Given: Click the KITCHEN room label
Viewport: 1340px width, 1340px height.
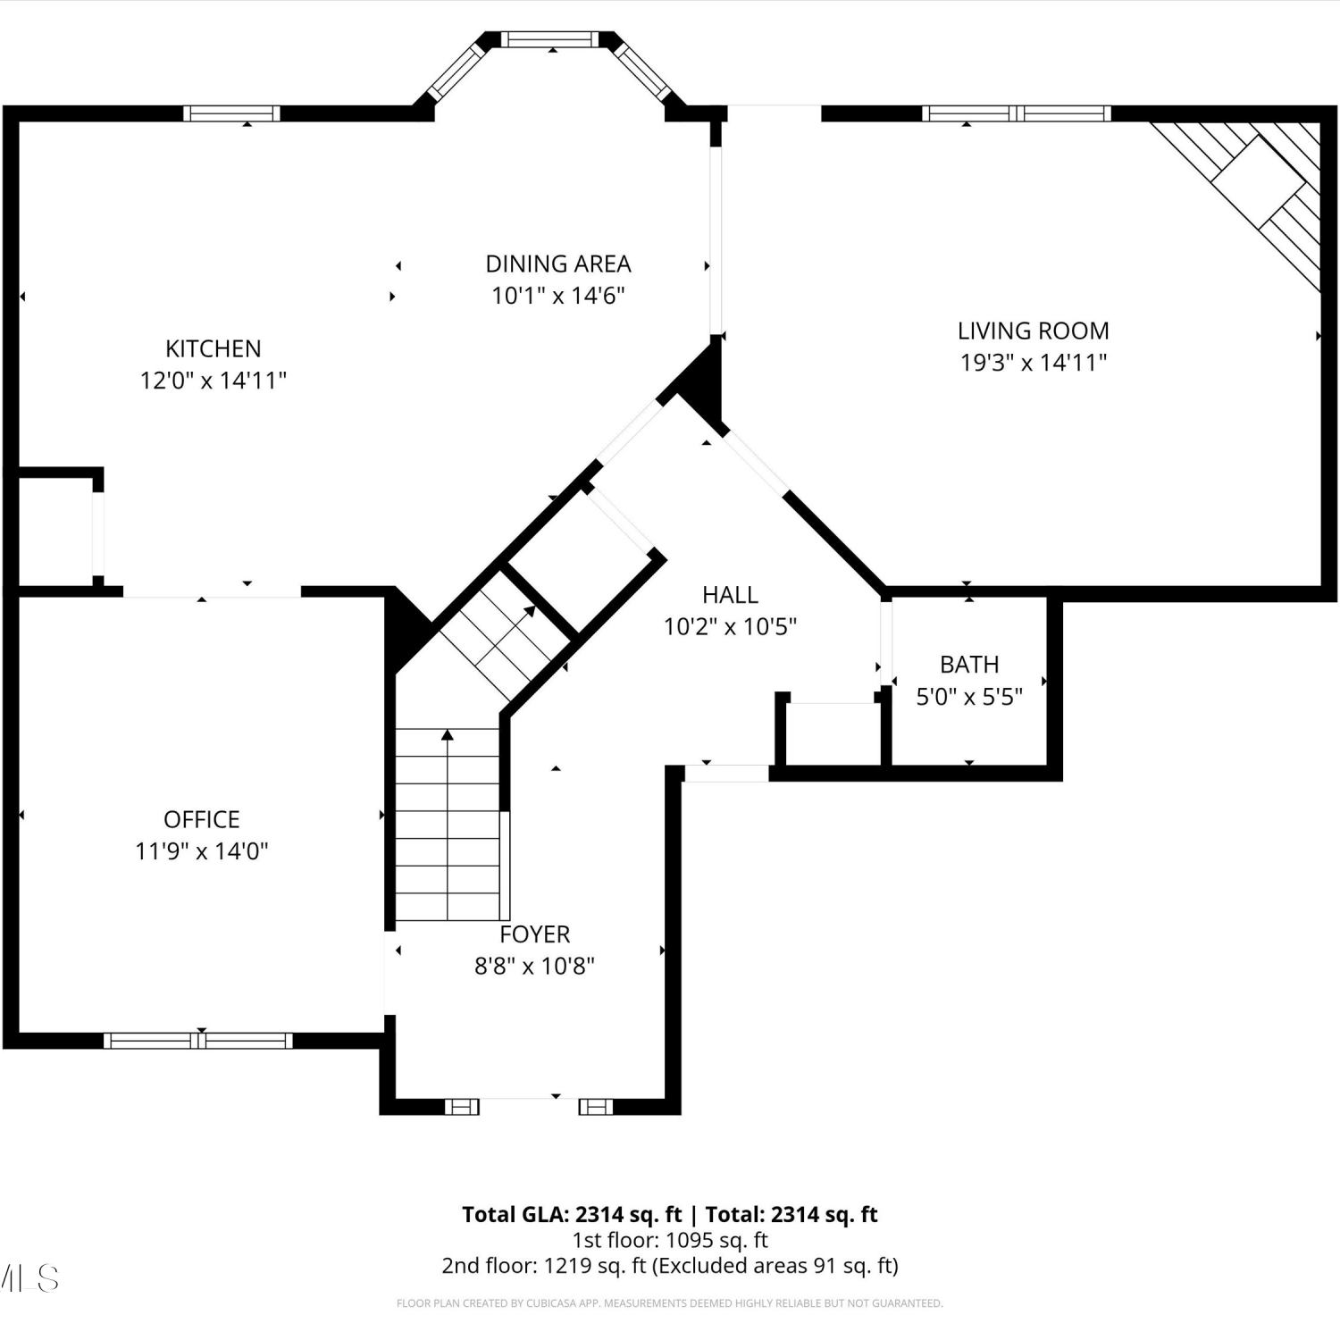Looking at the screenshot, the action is [214, 348].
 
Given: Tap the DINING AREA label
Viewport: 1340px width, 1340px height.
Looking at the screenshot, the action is [558, 264].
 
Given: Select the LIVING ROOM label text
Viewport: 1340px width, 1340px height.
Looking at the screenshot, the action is [1034, 331].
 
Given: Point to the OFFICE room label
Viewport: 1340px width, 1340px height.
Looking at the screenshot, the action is [202, 819].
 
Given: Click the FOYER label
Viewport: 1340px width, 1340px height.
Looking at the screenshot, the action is [534, 934].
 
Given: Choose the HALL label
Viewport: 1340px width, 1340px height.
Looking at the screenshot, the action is [730, 595].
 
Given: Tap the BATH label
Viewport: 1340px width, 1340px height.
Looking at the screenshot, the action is [969, 665].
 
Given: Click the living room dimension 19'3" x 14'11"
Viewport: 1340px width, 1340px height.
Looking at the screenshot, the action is [1034, 362].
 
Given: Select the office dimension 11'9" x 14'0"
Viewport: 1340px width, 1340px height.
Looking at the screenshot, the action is [202, 851].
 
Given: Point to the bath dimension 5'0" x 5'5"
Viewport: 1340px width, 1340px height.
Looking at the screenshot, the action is [969, 697].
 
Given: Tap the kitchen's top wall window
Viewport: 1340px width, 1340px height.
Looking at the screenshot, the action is [231, 113].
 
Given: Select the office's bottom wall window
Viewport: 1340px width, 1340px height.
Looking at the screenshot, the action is [198, 1040].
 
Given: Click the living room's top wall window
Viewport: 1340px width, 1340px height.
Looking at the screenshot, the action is [1017, 113].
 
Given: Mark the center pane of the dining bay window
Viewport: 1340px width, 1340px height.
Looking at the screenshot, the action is [549, 39].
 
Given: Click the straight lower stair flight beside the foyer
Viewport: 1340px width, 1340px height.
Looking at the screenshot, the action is [448, 825].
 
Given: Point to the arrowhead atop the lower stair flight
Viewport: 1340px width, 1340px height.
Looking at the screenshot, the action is [448, 735].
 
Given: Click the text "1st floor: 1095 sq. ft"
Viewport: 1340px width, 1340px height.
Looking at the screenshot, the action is [670, 1240].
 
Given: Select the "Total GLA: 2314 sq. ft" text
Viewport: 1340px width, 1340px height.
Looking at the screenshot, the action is [572, 1215].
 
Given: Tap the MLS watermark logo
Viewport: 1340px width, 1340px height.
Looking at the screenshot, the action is [29, 1278].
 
